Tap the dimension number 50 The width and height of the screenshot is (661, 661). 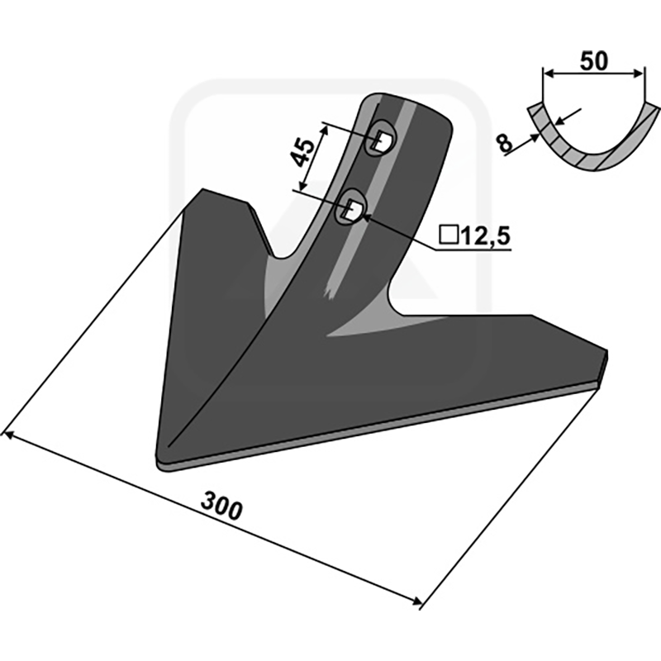click(x=594, y=60)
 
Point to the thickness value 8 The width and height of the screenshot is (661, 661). click(x=505, y=142)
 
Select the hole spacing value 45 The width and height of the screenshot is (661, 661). click(x=302, y=152)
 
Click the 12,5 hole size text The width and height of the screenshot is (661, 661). click(x=486, y=236)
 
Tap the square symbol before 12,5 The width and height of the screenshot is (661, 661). click(x=449, y=235)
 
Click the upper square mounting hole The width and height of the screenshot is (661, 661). click(x=383, y=140)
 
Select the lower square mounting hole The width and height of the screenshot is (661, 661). click(x=353, y=210)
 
